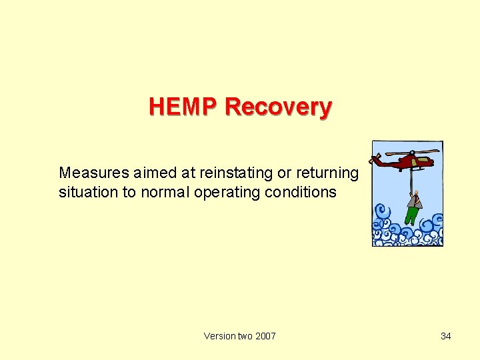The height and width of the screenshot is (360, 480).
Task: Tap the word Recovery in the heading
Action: coord(279,107)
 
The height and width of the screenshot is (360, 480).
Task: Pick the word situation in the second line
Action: coord(85,193)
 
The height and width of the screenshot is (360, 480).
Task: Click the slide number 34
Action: coord(446,336)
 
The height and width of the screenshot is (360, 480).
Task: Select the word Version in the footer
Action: coord(219,336)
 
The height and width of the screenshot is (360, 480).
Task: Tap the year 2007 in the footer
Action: coord(265,336)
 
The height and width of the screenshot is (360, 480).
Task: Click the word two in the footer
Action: coord(244,336)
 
